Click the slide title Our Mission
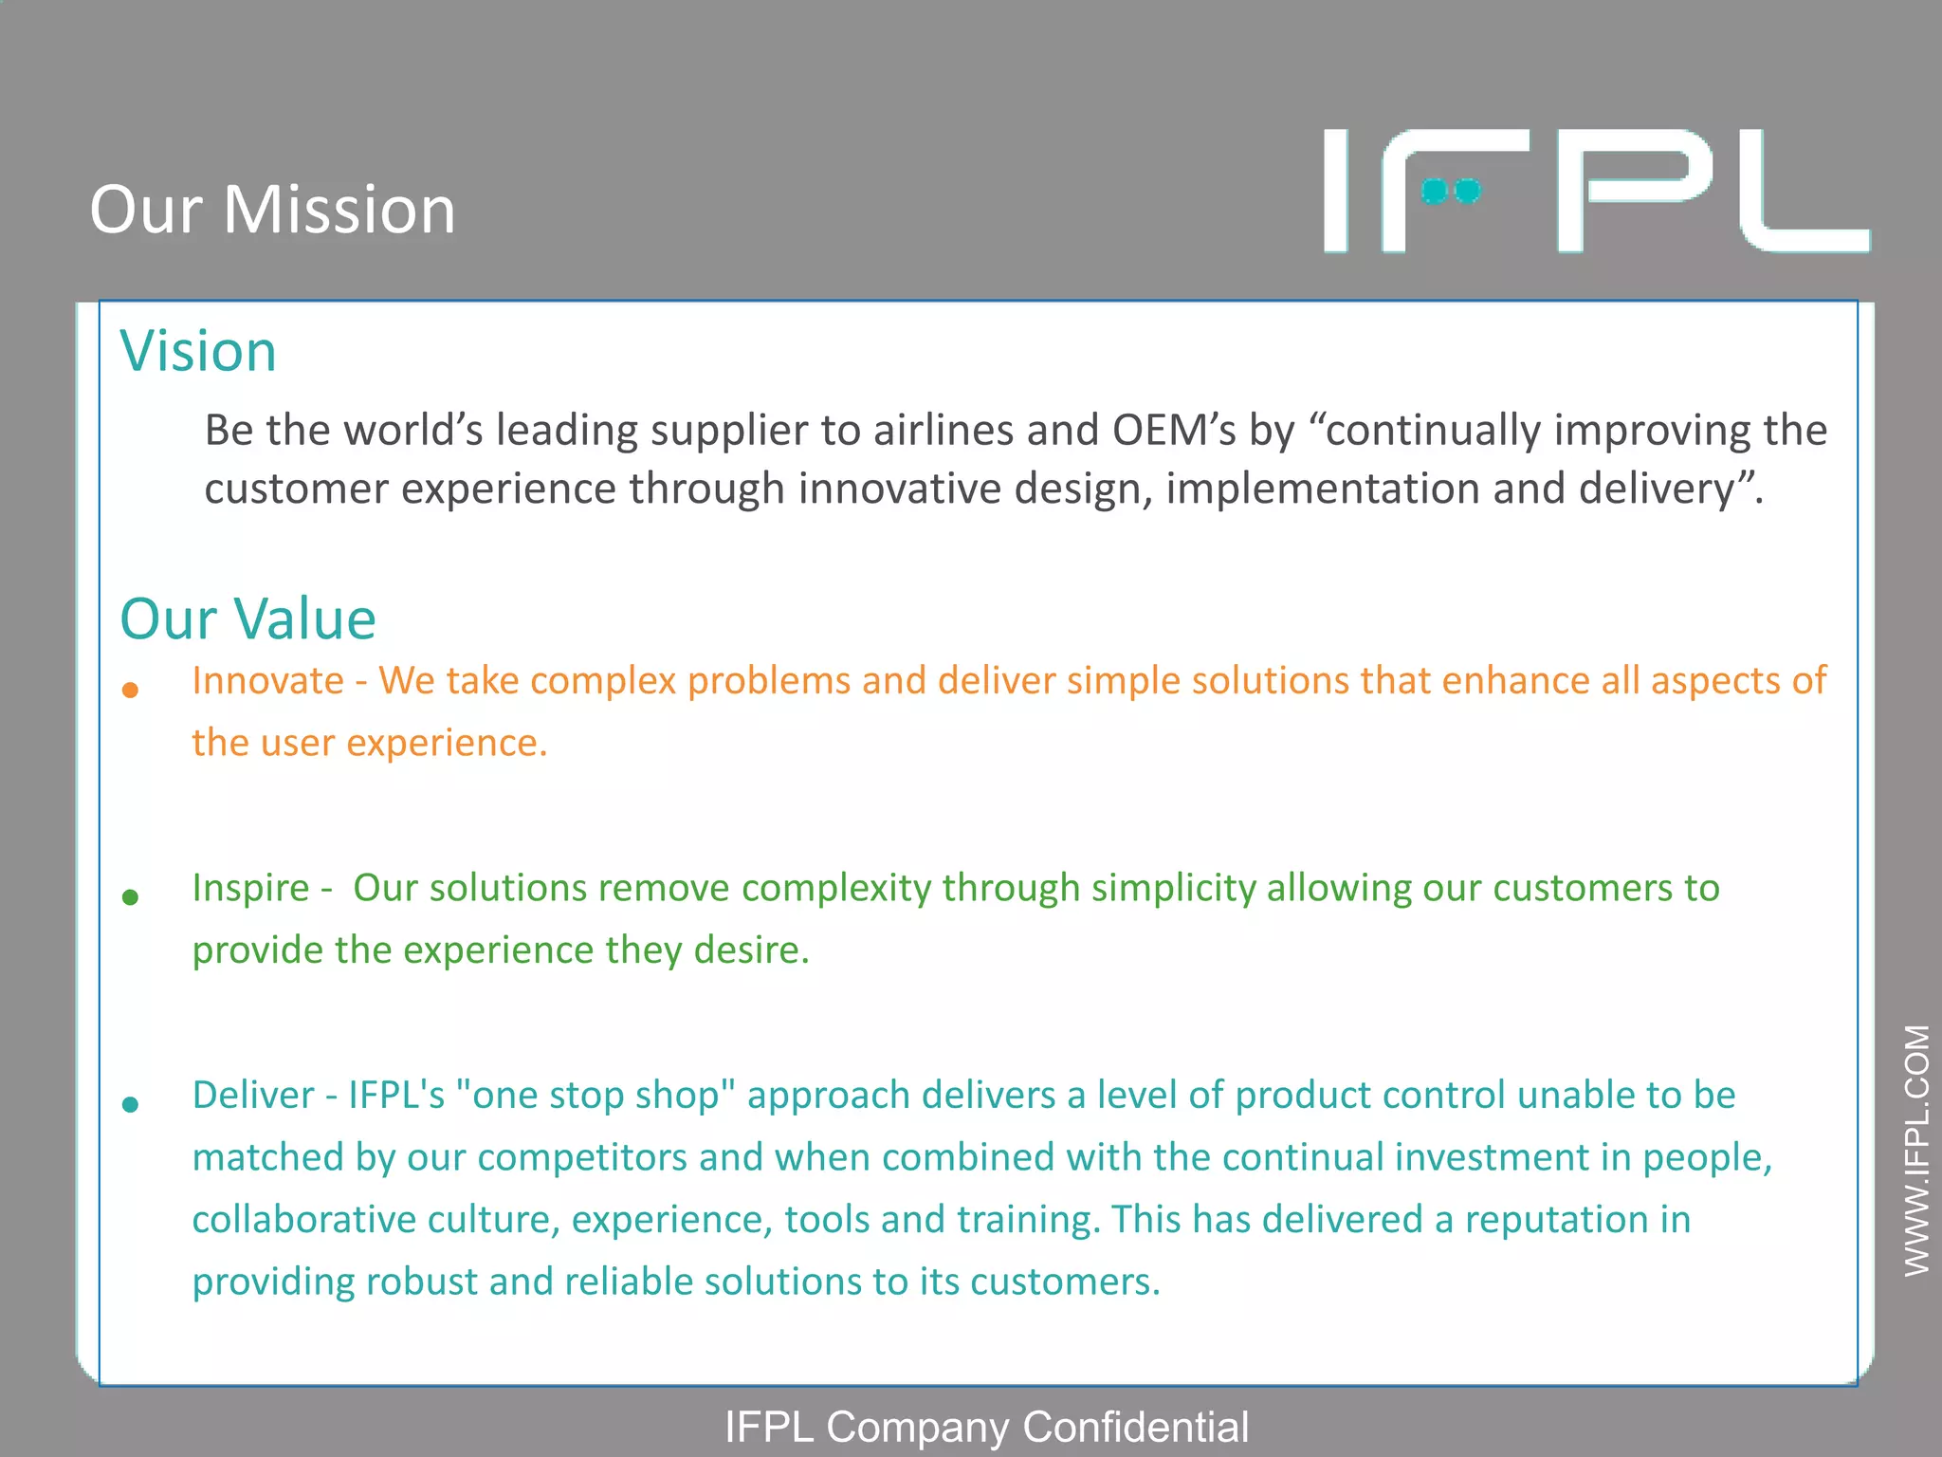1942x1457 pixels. point(273,210)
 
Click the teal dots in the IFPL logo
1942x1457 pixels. point(1451,192)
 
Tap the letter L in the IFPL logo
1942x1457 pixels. point(1802,193)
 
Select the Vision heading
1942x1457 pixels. point(198,351)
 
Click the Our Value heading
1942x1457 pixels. point(248,619)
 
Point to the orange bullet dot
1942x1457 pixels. point(131,691)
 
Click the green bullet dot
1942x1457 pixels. point(131,897)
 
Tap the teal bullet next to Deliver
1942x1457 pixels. point(131,1104)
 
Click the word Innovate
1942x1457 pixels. point(267,681)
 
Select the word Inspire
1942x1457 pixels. point(250,889)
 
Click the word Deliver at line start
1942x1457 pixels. point(252,1096)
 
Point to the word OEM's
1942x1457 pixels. point(1174,431)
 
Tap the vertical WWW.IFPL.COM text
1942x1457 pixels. point(1916,1150)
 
